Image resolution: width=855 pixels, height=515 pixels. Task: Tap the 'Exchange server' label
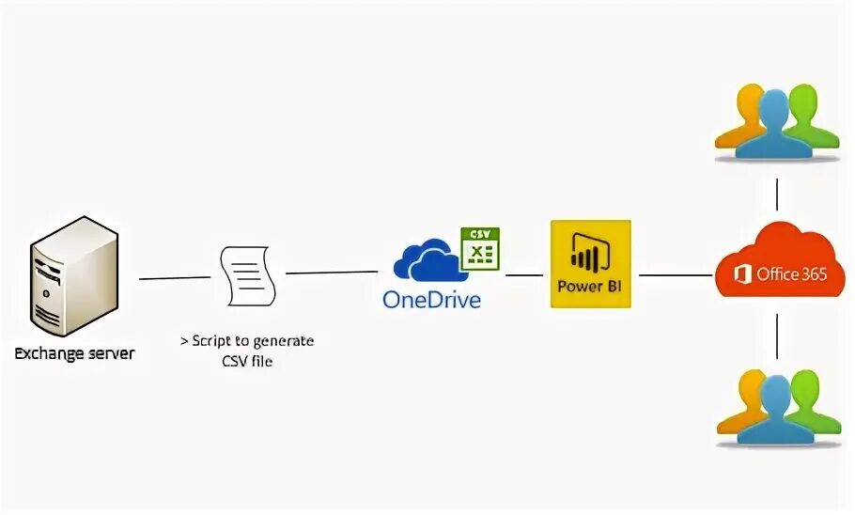74,354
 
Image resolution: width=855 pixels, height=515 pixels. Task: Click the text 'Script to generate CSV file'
247,350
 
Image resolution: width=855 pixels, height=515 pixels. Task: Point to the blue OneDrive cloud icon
428,260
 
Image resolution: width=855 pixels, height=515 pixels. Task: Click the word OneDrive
431,300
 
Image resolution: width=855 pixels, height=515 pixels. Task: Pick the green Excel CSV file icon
479,249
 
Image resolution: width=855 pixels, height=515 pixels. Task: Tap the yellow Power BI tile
590,264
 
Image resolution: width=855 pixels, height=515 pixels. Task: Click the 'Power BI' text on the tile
590,287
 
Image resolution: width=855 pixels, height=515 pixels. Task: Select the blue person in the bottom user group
775,412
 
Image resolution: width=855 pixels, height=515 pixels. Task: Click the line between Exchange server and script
175,277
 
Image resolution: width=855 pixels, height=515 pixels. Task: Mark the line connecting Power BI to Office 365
672,275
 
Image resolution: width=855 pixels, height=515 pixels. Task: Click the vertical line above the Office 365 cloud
777,195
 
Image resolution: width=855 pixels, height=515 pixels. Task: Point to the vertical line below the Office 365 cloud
777,336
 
